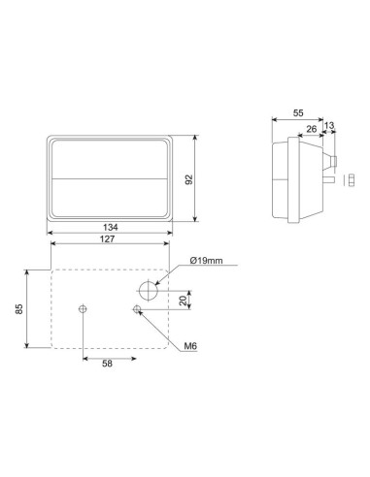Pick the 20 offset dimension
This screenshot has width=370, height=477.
click(x=184, y=300)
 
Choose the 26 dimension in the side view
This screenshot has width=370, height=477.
click(x=311, y=126)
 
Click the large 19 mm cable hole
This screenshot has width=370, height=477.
click(x=147, y=290)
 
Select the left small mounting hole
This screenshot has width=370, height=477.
click(x=84, y=309)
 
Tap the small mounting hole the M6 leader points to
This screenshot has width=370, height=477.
click(x=138, y=309)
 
